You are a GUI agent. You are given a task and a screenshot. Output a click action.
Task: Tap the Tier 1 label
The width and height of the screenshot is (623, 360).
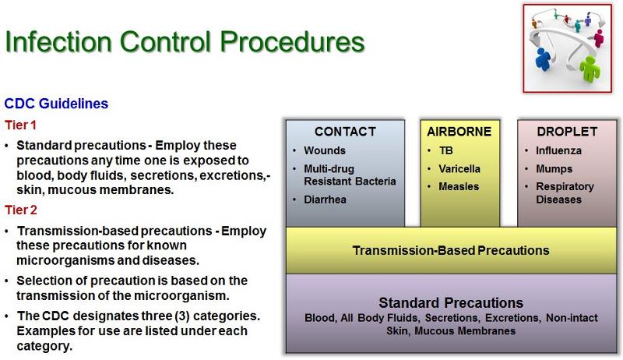coord(21,125)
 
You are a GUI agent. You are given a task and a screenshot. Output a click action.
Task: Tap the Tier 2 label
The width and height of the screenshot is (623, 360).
coord(21,210)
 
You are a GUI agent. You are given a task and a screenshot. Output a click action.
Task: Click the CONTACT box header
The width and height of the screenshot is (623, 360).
coord(345,132)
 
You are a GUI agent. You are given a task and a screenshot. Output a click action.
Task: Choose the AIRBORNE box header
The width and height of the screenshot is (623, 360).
coord(459,132)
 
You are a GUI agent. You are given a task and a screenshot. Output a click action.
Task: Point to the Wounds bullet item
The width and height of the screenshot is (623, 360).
coord(325,150)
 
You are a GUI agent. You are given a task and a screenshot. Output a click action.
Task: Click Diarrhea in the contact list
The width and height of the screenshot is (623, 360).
coord(326,199)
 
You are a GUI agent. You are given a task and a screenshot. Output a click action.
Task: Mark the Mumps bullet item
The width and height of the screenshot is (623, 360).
coord(554,169)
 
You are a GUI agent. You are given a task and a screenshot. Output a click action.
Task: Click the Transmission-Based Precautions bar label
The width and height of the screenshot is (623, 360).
coord(451,250)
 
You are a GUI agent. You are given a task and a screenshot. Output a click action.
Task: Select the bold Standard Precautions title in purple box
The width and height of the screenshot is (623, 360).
coord(451,302)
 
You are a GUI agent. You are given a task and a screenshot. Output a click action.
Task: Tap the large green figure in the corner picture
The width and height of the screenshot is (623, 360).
coord(589,68)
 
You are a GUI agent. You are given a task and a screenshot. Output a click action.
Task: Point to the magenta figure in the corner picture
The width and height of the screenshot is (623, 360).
coord(598,36)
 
